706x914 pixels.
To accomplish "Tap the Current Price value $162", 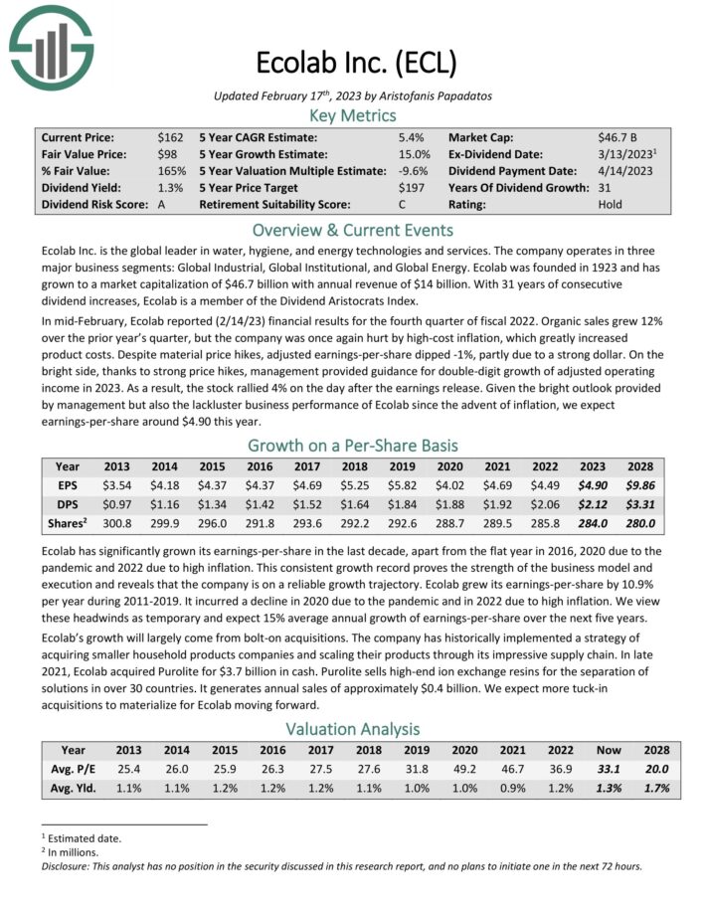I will (170, 137).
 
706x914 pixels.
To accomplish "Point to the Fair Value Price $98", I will (167, 154).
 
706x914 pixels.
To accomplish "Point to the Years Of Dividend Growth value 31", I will (605, 188).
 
